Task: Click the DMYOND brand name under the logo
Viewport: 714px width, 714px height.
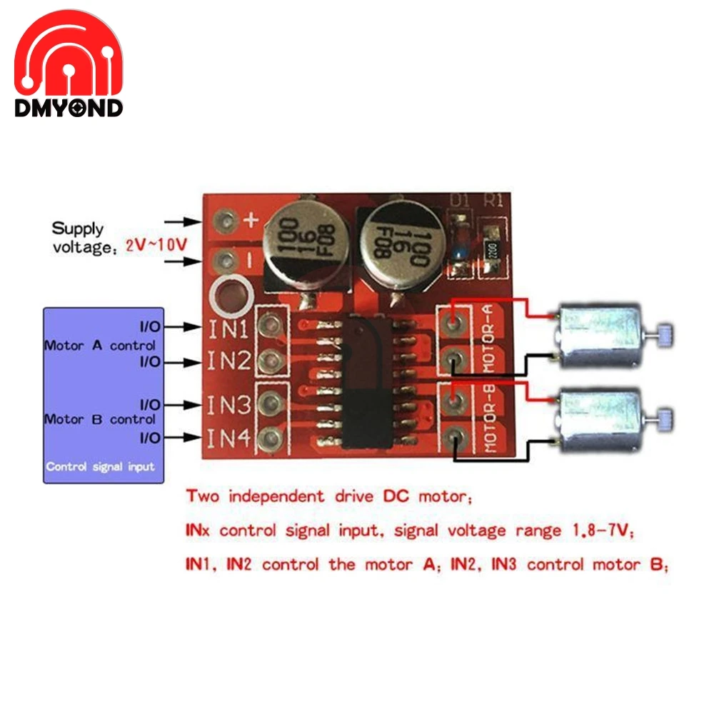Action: pyautogui.click(x=69, y=108)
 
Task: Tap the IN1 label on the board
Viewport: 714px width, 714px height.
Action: pyautogui.click(x=228, y=328)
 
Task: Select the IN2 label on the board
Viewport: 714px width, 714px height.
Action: pyautogui.click(x=228, y=361)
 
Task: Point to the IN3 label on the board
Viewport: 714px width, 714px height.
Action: pyautogui.click(x=228, y=405)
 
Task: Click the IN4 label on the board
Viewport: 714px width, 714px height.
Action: pyautogui.click(x=228, y=437)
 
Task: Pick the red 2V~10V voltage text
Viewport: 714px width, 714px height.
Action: pyautogui.click(x=156, y=244)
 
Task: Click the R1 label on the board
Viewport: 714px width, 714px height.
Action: pyautogui.click(x=493, y=201)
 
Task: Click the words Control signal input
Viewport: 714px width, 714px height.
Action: pyautogui.click(x=100, y=467)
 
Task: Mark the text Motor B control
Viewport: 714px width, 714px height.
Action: pyautogui.click(x=100, y=420)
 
